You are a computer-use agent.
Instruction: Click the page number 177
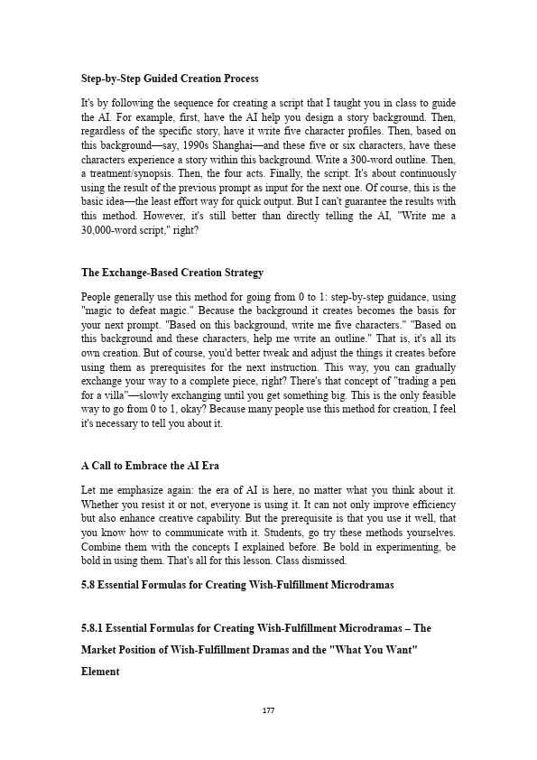pyautogui.click(x=268, y=710)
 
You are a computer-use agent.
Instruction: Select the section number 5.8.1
pyautogui.click(x=94, y=628)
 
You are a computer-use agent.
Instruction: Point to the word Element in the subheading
pyautogui.click(x=100, y=672)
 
